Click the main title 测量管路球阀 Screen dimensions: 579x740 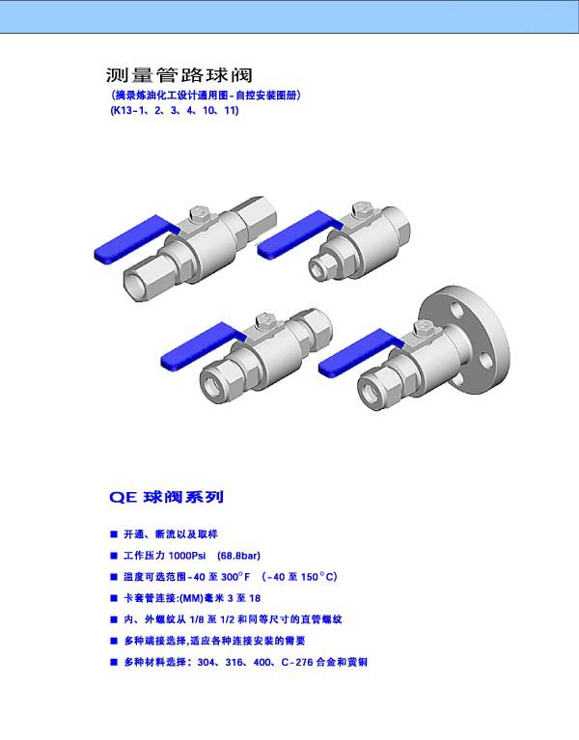[179, 75]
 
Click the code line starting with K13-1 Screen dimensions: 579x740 [175, 110]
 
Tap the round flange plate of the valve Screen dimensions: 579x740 [465, 339]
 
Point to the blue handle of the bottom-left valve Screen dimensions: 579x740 [202, 347]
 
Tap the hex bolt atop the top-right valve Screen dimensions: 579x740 [362, 210]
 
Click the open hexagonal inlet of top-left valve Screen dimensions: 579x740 [138, 284]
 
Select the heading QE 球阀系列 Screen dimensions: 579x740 [166, 497]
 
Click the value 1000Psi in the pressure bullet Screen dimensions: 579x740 [187, 556]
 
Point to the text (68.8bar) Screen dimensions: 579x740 [238, 556]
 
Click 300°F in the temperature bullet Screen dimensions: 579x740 [235, 577]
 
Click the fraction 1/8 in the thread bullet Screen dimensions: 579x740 [197, 619]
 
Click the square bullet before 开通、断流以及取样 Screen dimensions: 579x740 [114, 534]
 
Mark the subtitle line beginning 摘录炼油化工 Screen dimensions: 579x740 [206, 96]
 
